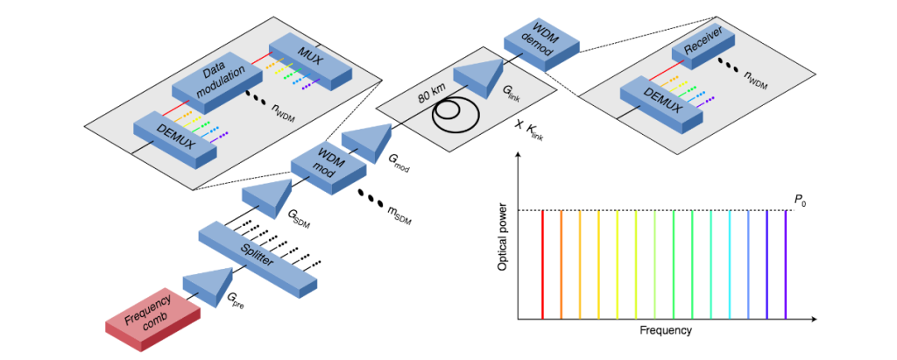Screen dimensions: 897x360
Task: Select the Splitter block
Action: [x=258, y=258]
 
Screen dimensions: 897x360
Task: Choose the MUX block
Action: [x=310, y=59]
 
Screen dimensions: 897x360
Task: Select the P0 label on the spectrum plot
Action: [x=799, y=201]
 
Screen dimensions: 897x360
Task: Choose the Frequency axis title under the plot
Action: [x=666, y=330]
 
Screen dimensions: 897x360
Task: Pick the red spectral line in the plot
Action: [x=543, y=264]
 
